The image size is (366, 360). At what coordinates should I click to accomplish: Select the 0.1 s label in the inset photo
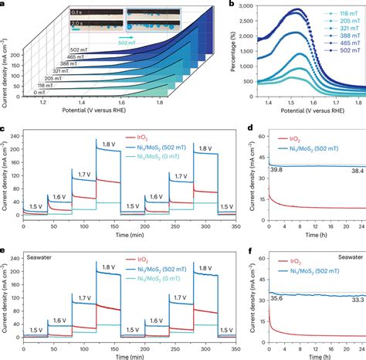79,12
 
